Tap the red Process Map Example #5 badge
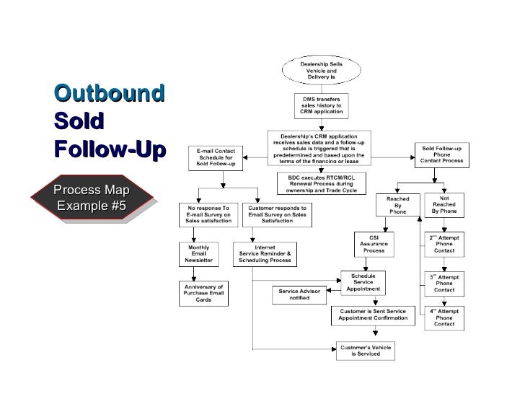coord(92,198)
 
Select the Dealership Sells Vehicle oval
coord(321,71)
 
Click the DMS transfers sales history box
coord(321,107)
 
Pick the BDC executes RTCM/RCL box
coord(321,184)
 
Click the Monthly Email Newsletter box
coord(200,255)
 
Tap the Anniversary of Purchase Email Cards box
coord(204,292)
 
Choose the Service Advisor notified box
coord(294,294)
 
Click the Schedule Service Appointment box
coord(363,282)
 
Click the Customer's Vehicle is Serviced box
coord(366,351)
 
